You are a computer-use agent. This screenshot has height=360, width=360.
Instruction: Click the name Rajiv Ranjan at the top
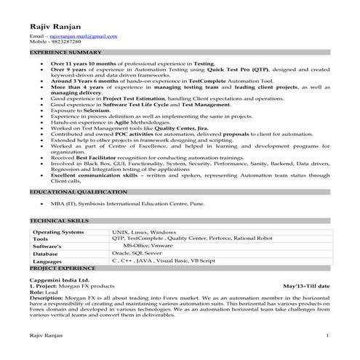(55, 25)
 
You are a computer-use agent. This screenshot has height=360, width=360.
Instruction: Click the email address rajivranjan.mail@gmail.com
(81, 36)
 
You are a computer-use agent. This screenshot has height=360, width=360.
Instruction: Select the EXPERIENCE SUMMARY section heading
(65, 53)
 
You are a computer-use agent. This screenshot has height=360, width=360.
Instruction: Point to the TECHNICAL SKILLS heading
(60, 219)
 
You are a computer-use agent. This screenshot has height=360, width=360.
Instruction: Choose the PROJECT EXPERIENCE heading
(63, 267)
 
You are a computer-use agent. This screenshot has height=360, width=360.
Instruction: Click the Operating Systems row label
(58, 231)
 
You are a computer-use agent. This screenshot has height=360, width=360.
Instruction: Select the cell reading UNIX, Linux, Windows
(144, 231)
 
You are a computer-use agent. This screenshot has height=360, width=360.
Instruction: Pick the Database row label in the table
(47, 253)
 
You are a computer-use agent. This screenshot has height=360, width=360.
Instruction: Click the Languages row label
(48, 260)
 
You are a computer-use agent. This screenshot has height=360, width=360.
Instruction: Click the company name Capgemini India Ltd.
(59, 279)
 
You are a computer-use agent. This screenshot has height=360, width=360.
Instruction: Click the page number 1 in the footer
(328, 335)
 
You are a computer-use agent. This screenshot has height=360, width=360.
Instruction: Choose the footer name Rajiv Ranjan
(46, 335)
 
